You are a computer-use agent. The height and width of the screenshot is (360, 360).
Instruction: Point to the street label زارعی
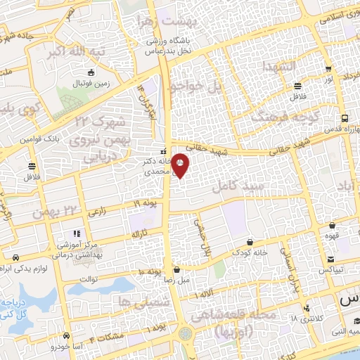click(x=98, y=211)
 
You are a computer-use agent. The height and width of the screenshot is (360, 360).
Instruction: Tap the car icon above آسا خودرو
click(x=65, y=335)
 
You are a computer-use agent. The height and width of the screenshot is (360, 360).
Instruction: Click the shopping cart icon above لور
click(x=328, y=70)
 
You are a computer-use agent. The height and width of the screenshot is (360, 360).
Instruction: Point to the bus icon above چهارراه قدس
click(x=344, y=119)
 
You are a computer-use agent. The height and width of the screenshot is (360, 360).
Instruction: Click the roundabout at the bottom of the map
click(x=186, y=333)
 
